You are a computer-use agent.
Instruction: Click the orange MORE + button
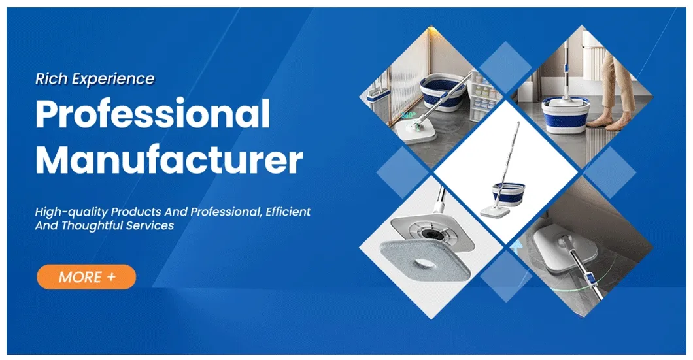click(x=86, y=276)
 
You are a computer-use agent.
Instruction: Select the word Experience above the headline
click(x=114, y=80)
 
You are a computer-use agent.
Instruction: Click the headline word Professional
click(x=152, y=114)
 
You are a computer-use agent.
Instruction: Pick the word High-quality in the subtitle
click(x=71, y=212)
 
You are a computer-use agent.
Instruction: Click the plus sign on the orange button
click(x=112, y=276)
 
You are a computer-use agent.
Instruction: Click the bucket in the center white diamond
click(x=508, y=193)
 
